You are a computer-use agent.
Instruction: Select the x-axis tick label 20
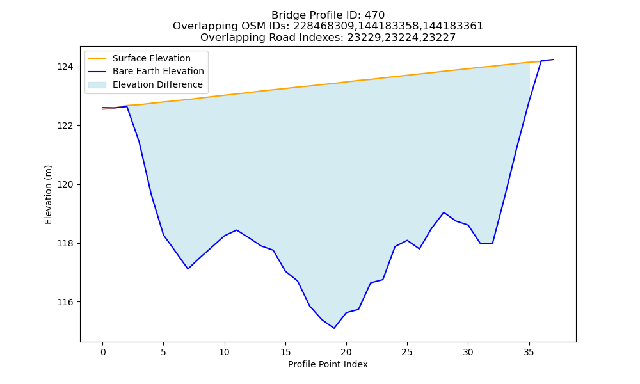pyautogui.click(x=346, y=352)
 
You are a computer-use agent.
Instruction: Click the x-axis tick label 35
pyautogui.click(x=529, y=352)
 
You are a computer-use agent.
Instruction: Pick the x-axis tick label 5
pyautogui.click(x=163, y=352)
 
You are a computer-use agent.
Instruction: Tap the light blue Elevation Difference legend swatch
pyautogui.click(x=97, y=85)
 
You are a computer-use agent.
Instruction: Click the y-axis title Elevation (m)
pyautogui.click(x=48, y=195)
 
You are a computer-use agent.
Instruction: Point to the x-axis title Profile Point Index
pyautogui.click(x=328, y=364)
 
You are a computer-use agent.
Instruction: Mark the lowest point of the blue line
pyautogui.click(x=334, y=328)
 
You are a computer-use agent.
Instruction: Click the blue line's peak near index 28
pyautogui.click(x=444, y=212)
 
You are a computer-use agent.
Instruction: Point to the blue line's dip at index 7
pyautogui.click(x=188, y=269)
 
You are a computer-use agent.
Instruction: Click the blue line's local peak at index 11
pyautogui.click(x=236, y=230)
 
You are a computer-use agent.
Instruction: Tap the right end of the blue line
pyautogui.click(x=554, y=60)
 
